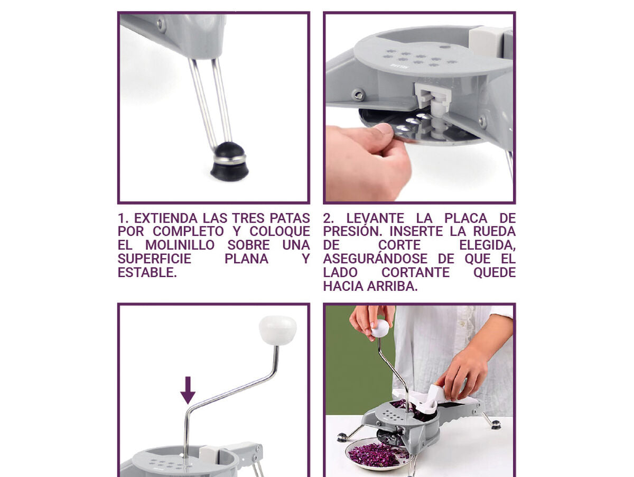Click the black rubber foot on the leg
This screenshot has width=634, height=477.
[230, 162]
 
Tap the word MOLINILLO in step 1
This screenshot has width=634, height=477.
[180, 245]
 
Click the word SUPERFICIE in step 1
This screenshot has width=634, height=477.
[154, 259]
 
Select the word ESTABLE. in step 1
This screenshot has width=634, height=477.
[147, 272]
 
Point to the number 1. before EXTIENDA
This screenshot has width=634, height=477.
[123, 218]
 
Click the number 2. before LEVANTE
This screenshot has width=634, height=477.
[329, 218]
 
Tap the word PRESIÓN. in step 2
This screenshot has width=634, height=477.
[354, 231]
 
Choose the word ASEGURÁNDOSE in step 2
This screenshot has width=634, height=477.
[375, 259]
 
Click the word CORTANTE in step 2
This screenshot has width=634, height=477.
[416, 272]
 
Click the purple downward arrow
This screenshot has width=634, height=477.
[188, 390]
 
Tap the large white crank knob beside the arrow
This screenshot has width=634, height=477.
[277, 330]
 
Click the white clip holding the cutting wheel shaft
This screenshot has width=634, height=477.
[432, 95]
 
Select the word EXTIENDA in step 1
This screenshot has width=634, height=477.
[166, 218]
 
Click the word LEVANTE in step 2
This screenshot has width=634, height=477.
[375, 218]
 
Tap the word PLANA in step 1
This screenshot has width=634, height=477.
[246, 259]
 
